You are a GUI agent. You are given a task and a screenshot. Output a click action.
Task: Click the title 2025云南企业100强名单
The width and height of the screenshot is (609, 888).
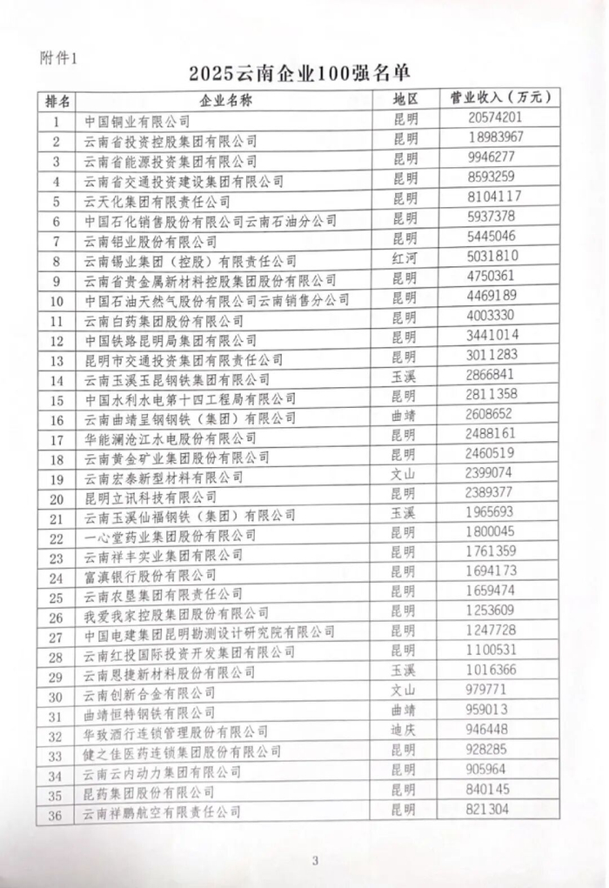[x=304, y=73]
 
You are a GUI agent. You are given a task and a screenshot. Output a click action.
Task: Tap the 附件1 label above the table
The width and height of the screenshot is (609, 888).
[x=59, y=58]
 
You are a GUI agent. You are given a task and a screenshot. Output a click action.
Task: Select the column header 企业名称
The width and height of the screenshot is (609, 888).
[x=225, y=100]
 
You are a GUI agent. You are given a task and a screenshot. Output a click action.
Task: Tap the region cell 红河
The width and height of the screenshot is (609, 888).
[x=405, y=259]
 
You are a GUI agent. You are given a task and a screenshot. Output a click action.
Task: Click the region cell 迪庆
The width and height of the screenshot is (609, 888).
[x=405, y=728]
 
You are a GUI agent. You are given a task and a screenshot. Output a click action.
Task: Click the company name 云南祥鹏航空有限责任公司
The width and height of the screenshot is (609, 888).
[x=161, y=812]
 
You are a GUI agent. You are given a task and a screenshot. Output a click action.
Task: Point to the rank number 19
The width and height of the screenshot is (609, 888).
[x=57, y=477]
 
